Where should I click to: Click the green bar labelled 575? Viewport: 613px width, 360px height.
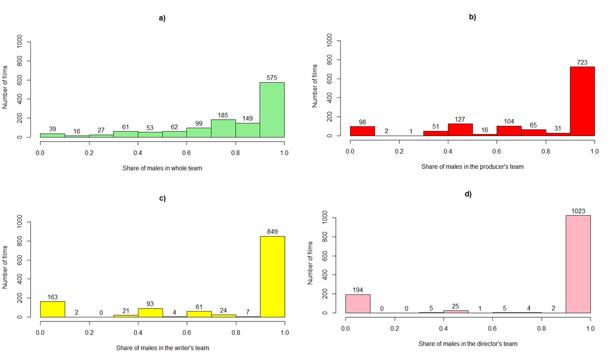click(272, 110)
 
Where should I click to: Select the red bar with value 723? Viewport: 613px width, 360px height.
click(582, 101)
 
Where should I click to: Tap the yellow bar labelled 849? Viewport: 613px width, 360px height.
click(272, 277)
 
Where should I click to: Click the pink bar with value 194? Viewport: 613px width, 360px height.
click(357, 304)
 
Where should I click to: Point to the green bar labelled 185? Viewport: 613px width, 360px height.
click(223, 129)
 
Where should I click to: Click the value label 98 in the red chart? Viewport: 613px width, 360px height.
click(362, 122)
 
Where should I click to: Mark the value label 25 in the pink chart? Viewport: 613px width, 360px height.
click(455, 306)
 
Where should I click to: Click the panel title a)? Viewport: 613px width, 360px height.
click(162, 18)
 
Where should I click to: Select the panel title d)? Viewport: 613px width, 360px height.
click(468, 194)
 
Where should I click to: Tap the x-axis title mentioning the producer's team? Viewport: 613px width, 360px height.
click(472, 167)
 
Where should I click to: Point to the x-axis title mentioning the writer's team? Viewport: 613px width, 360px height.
click(162, 347)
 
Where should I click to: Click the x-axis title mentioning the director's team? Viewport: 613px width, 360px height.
click(468, 344)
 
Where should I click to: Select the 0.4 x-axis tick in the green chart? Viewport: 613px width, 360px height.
click(138, 153)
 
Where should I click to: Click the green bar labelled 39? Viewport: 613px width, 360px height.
click(53, 135)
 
